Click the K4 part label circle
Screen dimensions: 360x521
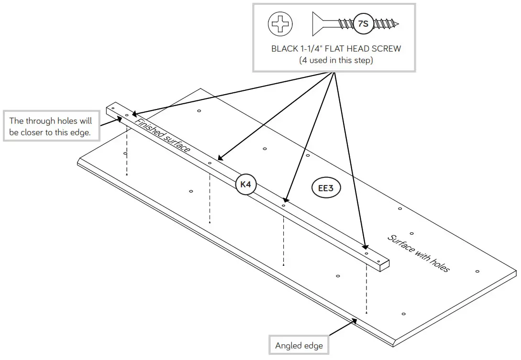(245, 185)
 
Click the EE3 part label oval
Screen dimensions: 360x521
(326, 188)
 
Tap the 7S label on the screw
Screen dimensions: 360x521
(363, 23)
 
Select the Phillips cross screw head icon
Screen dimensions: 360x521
(280, 24)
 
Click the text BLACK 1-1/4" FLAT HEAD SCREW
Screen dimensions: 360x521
(336, 49)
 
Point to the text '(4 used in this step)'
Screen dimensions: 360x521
(336, 60)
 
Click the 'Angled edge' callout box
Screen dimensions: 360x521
(299, 345)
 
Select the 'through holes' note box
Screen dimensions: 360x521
(51, 127)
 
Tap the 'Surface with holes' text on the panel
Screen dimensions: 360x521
(418, 253)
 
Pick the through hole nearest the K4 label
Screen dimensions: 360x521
(210, 164)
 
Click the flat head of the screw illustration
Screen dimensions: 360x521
(315, 23)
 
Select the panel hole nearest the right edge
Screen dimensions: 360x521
(477, 271)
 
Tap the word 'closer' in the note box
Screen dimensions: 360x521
(33, 132)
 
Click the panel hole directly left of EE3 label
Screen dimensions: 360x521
(308, 155)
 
